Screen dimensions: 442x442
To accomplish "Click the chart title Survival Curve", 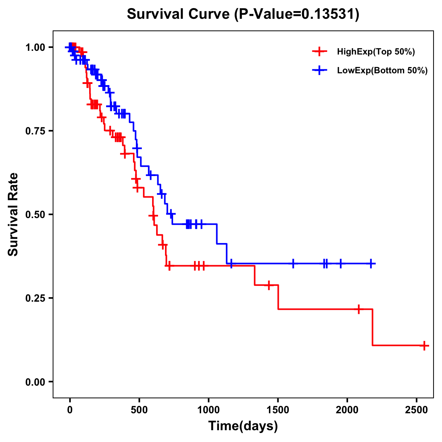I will pyautogui.click(x=243, y=14).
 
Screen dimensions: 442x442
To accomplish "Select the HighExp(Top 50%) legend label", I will pyautogui.click(x=376, y=52).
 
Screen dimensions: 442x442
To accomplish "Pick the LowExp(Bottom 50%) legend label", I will pyautogui.click(x=382, y=71).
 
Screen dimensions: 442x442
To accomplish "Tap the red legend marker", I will pyautogui.click(x=319, y=52).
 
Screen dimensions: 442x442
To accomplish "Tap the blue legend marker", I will pyautogui.click(x=319, y=70).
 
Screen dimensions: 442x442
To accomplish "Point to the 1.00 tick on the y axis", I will pyautogui.click(x=35, y=48).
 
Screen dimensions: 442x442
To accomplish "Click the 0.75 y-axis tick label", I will pyautogui.click(x=35, y=131).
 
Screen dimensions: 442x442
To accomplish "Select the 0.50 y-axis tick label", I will pyautogui.click(x=35, y=215).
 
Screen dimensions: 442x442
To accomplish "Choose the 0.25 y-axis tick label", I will pyautogui.click(x=35, y=298).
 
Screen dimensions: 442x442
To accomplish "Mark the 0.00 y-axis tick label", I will pyautogui.click(x=35, y=382).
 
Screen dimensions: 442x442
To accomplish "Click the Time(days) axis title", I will pyautogui.click(x=243, y=426).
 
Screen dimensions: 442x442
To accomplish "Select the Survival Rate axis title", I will pyautogui.click(x=13, y=214).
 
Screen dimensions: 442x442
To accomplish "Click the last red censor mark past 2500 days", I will pyautogui.click(x=424, y=345).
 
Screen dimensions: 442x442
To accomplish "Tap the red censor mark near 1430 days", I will pyautogui.click(x=269, y=285).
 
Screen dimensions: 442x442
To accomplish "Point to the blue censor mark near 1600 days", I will pyautogui.click(x=293, y=264).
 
